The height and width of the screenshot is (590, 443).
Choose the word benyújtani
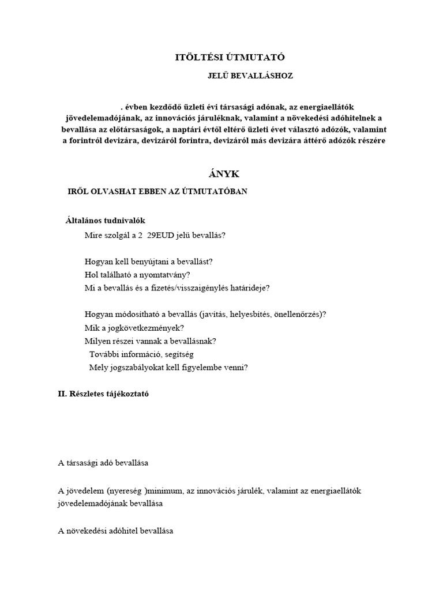141,261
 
